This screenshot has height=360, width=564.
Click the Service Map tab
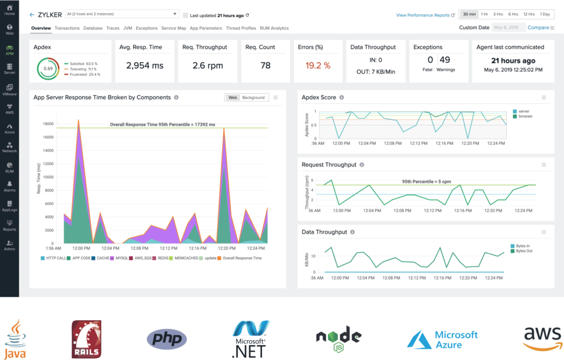coord(173,28)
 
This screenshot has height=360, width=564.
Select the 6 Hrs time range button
coord(513,14)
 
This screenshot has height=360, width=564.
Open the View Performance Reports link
coord(422,15)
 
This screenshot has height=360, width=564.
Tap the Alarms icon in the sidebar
coord(9,186)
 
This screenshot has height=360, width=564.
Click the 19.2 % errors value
coord(318,66)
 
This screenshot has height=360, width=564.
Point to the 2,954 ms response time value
coord(145,66)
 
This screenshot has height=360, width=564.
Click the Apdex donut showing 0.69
coord(48,68)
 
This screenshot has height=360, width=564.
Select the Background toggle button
coord(253,97)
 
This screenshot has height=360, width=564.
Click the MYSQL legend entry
coord(118,258)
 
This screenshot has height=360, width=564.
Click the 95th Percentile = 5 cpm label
coord(421,181)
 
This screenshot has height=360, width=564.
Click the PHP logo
coord(167,339)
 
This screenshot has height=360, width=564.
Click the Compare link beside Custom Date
coord(538,28)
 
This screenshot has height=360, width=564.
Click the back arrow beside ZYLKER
coord(32,14)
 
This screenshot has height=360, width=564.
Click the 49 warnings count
coord(445,59)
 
